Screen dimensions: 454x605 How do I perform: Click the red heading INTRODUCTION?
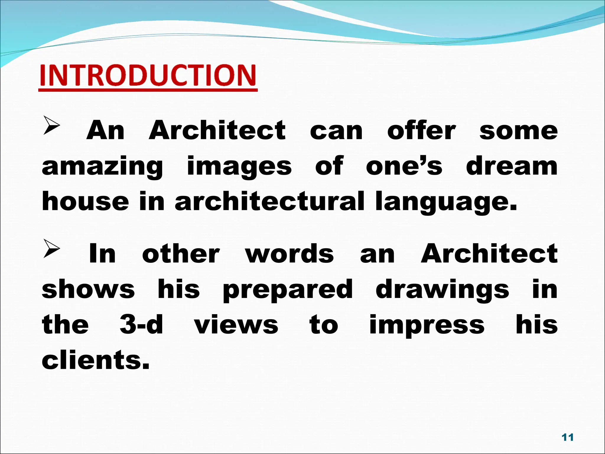(x=148, y=75)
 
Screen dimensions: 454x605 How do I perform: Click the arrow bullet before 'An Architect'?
(x=52, y=125)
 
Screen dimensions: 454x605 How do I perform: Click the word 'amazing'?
(x=102, y=167)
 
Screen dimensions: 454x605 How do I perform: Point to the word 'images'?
(x=239, y=167)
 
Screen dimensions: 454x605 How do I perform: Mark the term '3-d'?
(x=142, y=325)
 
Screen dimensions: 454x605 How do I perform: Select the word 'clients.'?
(x=96, y=360)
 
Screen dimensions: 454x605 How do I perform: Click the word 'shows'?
(x=88, y=290)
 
